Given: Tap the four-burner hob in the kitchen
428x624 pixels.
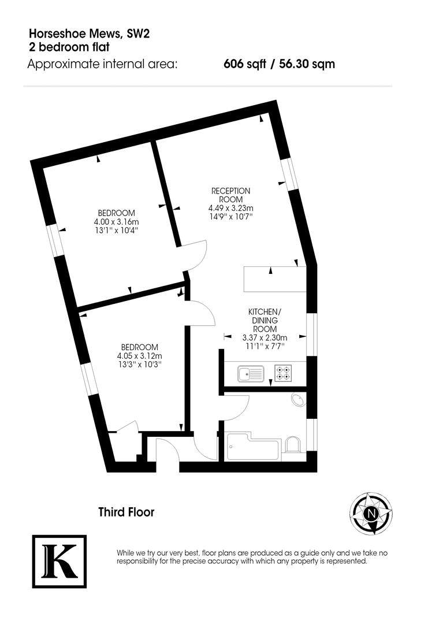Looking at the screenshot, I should click(284, 373).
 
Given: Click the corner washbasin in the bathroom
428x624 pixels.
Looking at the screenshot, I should click(299, 400).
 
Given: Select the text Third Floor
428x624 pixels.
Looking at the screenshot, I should click(126, 512).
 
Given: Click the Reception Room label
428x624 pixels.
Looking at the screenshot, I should click(230, 195).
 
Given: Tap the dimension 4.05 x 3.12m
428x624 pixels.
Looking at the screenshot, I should click(139, 356).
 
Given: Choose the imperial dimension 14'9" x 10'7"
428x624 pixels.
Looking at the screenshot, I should click(230, 217).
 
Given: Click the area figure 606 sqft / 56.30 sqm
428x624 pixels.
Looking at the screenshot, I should click(279, 64).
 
